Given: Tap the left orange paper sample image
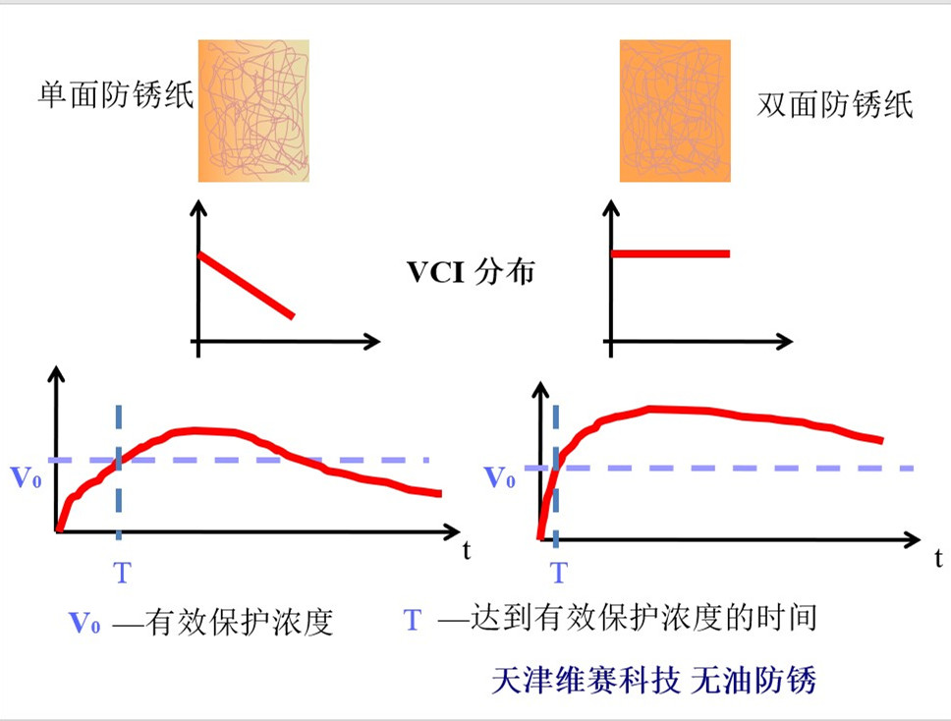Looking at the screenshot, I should [x=253, y=110].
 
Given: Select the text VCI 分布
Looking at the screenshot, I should [x=471, y=272].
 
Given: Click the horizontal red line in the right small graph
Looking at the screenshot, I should [x=671, y=253].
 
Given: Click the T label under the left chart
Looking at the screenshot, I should [x=121, y=573].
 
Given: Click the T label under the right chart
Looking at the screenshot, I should [x=558, y=573].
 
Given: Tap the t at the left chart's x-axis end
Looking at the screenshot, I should [x=467, y=550].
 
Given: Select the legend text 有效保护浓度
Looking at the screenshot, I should [x=240, y=622].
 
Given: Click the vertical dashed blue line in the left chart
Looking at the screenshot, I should [x=118, y=491].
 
